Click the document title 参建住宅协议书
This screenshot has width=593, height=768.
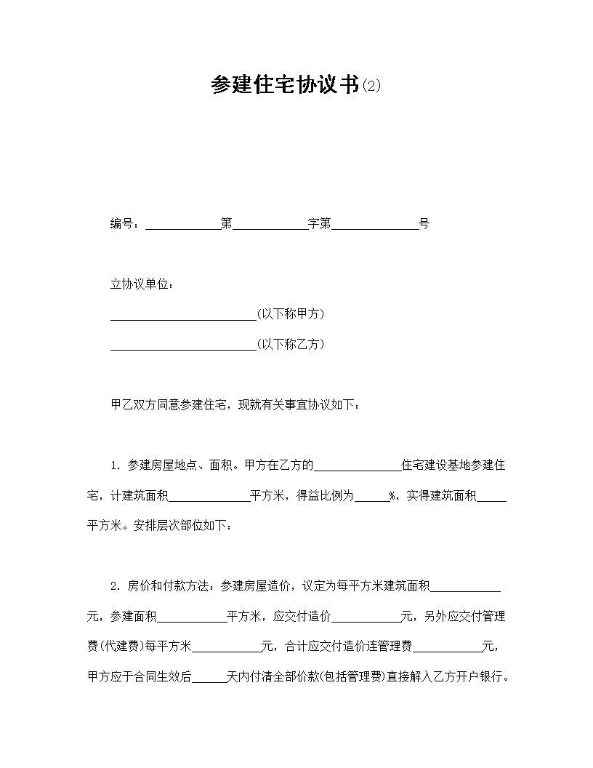click(285, 86)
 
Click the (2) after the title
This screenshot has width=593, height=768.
click(371, 87)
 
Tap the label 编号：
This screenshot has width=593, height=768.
click(126, 224)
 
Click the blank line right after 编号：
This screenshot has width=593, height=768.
click(183, 225)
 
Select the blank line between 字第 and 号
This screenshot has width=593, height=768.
click(374, 225)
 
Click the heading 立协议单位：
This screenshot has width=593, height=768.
click(142, 284)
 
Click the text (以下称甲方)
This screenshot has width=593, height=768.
click(291, 314)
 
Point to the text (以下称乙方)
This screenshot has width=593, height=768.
click(291, 344)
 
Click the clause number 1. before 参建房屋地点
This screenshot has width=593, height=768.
click(115, 465)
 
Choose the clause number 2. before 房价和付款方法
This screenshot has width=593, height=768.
click(115, 585)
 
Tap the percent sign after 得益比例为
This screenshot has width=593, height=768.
click(392, 496)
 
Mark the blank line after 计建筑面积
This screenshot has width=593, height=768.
click(209, 497)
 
